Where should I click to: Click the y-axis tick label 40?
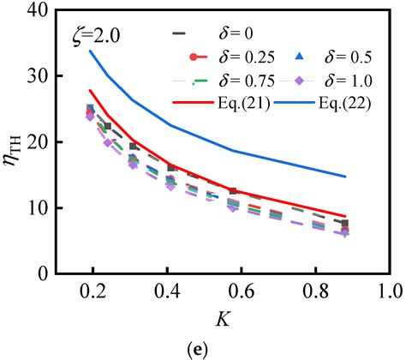click(x=38, y=11)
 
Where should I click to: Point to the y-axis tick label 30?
click(x=38, y=76)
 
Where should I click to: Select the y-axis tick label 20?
click(x=38, y=142)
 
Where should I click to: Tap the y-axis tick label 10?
click(x=38, y=208)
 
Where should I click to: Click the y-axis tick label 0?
click(x=43, y=273)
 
